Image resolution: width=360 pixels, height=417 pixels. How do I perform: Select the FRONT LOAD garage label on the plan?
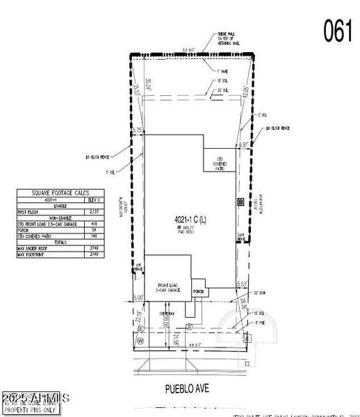pos(167,287)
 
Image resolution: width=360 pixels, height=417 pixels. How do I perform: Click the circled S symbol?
pos(189,326)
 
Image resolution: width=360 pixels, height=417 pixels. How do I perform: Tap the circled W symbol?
pos(140,341)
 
